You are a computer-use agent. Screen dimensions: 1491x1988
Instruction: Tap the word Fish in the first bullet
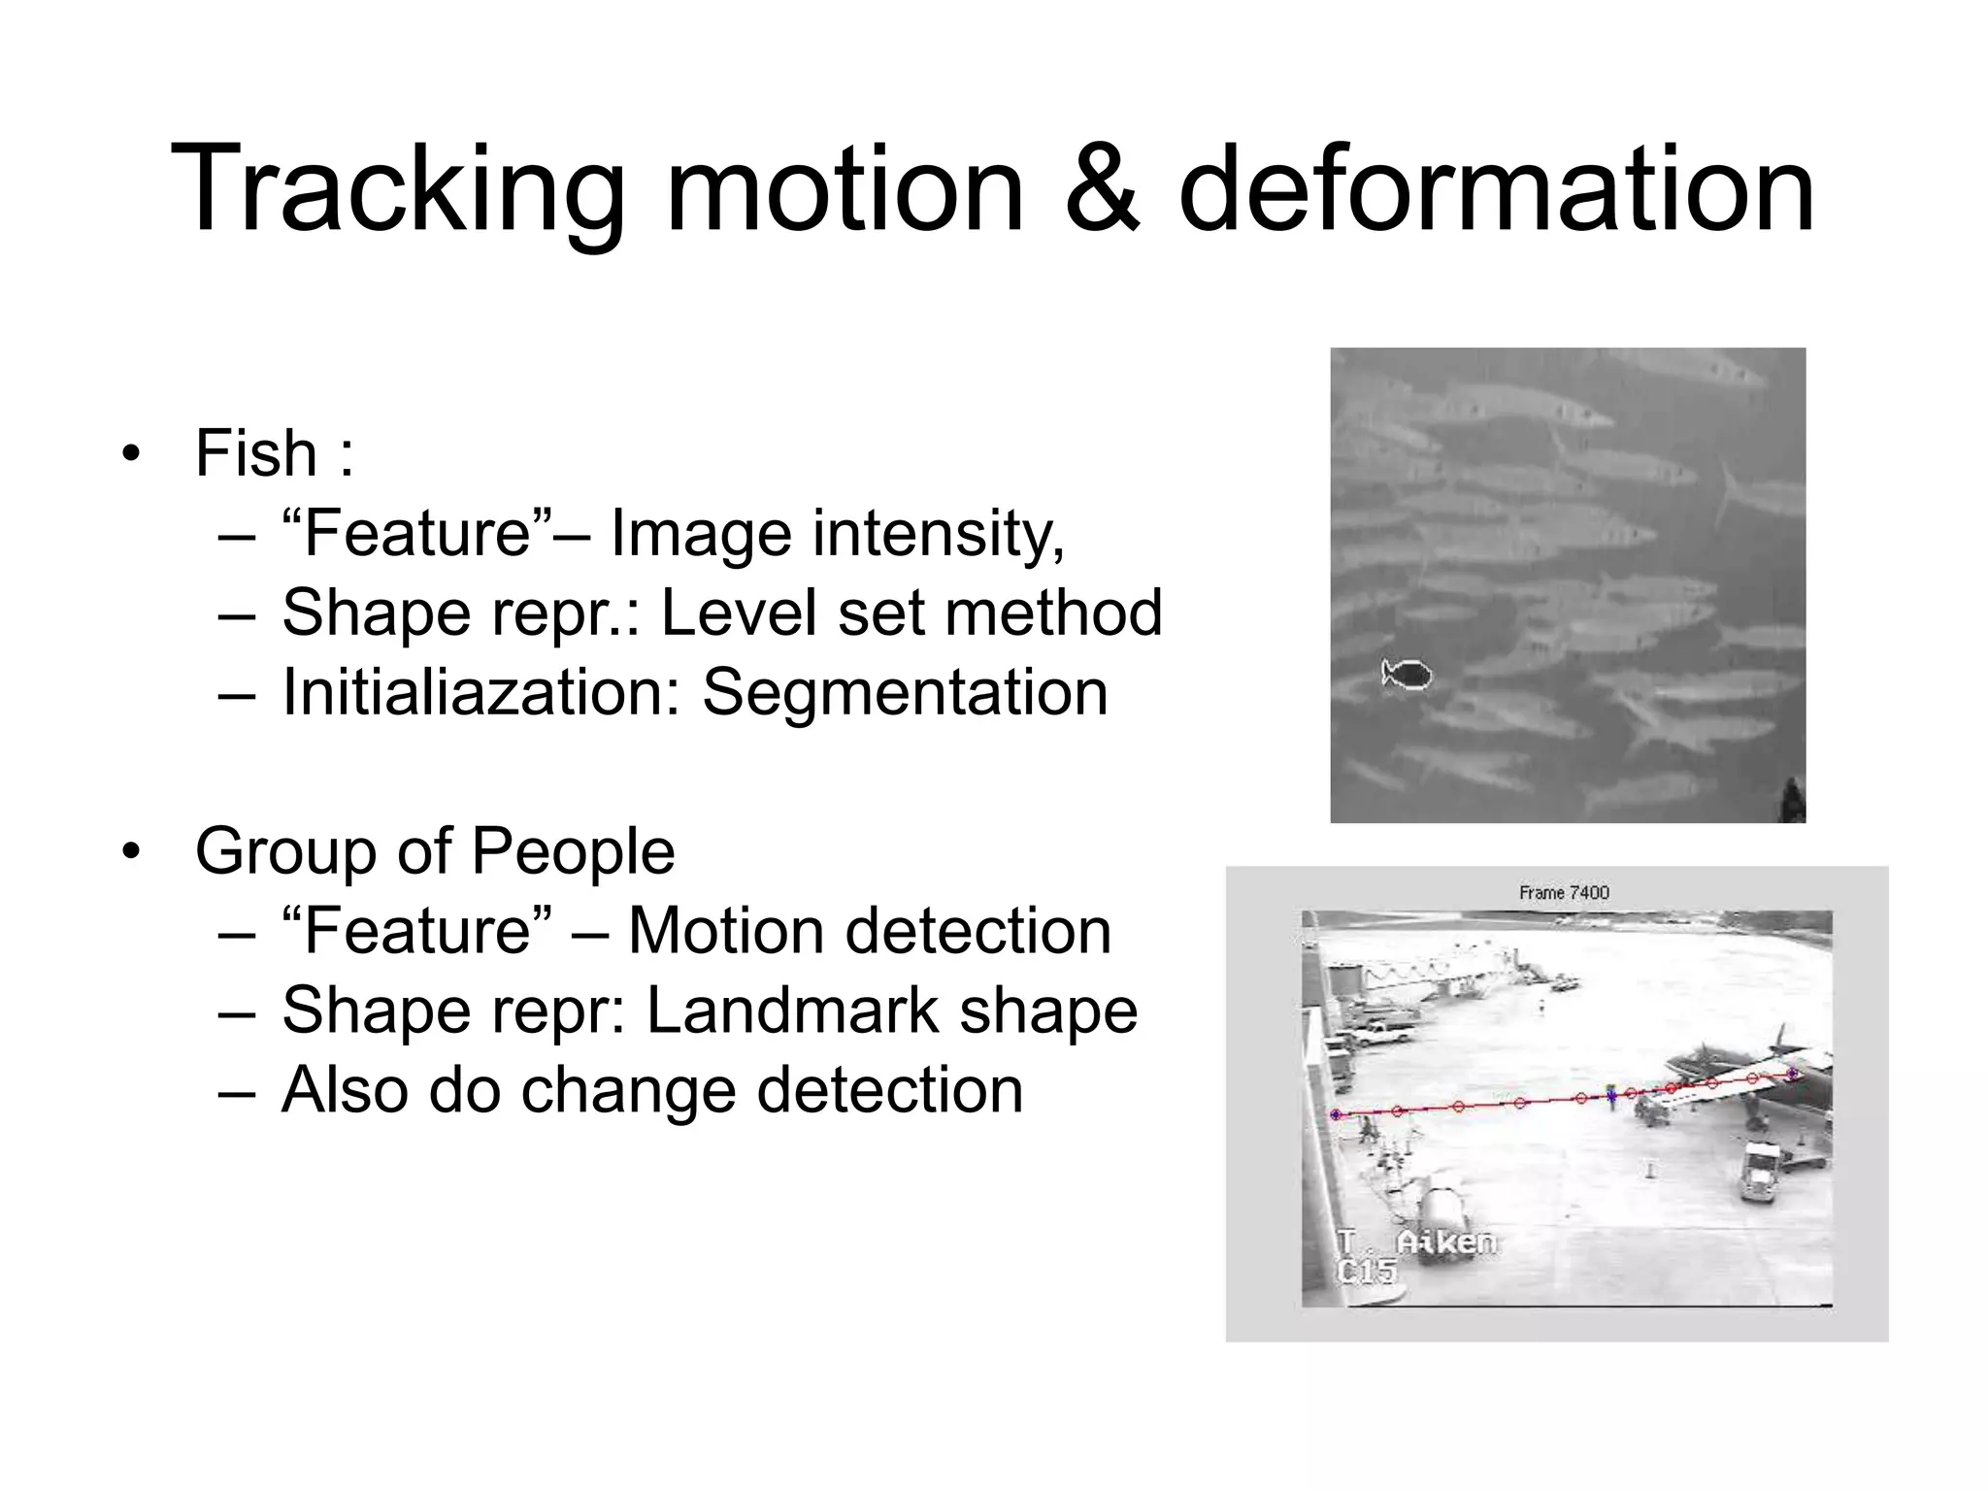point(256,453)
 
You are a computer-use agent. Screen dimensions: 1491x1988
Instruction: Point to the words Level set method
point(911,613)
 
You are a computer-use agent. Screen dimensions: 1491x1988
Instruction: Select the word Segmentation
point(905,692)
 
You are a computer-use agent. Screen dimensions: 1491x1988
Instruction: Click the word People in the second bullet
point(573,851)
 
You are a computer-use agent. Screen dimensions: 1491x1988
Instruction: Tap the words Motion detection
point(870,931)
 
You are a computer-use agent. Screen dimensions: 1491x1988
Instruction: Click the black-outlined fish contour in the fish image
point(1408,673)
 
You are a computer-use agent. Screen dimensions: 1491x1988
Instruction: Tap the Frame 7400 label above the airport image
point(1564,892)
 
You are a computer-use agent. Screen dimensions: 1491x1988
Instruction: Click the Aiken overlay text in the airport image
point(1445,1242)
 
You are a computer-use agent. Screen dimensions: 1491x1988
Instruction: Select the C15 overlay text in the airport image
point(1366,1271)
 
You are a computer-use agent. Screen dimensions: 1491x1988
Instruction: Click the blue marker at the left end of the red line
point(1336,1115)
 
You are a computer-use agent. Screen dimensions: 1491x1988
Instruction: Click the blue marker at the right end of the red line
point(1792,1074)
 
